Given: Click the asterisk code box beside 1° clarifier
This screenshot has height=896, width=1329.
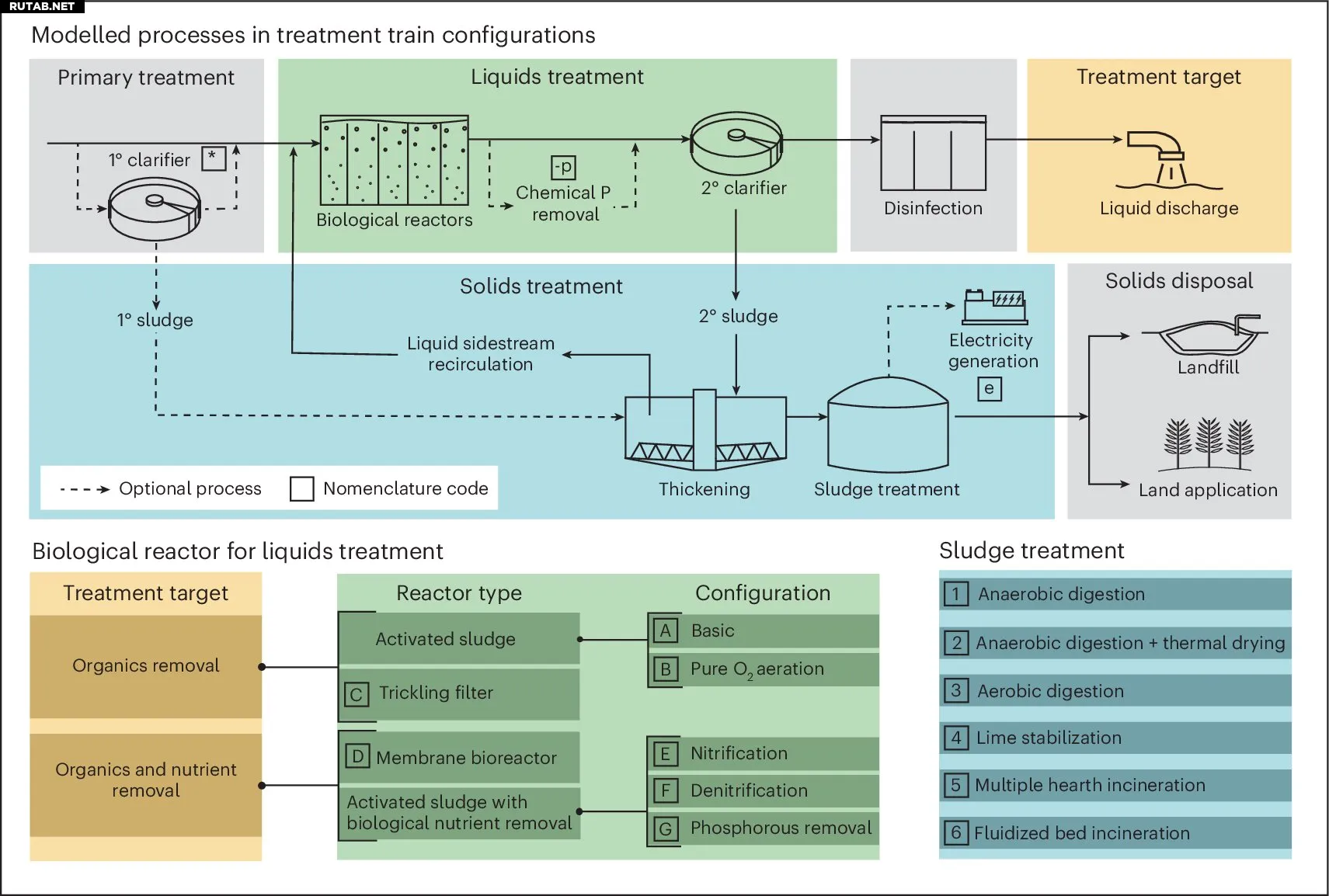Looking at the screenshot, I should click(214, 158).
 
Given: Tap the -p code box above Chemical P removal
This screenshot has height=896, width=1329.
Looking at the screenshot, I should click(563, 167).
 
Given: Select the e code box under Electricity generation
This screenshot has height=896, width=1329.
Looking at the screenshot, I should click(989, 389).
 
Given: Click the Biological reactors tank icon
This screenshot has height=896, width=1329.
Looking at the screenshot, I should click(395, 161).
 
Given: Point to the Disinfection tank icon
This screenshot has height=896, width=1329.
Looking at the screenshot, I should click(933, 154).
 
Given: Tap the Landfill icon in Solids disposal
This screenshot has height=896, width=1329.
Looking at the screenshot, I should click(1206, 335).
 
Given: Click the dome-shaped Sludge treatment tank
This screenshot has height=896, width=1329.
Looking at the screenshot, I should click(888, 425).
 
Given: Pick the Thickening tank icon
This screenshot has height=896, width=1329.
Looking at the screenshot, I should click(705, 431).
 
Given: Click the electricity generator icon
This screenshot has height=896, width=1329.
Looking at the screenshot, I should click(994, 307).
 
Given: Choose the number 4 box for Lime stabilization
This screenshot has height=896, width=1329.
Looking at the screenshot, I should click(956, 738).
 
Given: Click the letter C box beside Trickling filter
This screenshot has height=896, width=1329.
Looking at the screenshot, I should click(356, 694).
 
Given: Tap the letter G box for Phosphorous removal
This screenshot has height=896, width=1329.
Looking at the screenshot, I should click(665, 829).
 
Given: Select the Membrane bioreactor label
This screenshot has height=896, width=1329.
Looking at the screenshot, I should click(466, 758).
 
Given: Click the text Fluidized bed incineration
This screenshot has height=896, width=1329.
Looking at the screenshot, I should click(1081, 833).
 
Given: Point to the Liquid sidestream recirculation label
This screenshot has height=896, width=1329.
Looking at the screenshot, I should click(481, 354).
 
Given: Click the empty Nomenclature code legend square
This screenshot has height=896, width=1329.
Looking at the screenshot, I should click(301, 489).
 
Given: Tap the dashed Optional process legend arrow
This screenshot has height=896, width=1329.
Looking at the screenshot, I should click(85, 489).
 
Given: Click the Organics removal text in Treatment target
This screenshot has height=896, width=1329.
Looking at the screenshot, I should click(146, 665).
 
